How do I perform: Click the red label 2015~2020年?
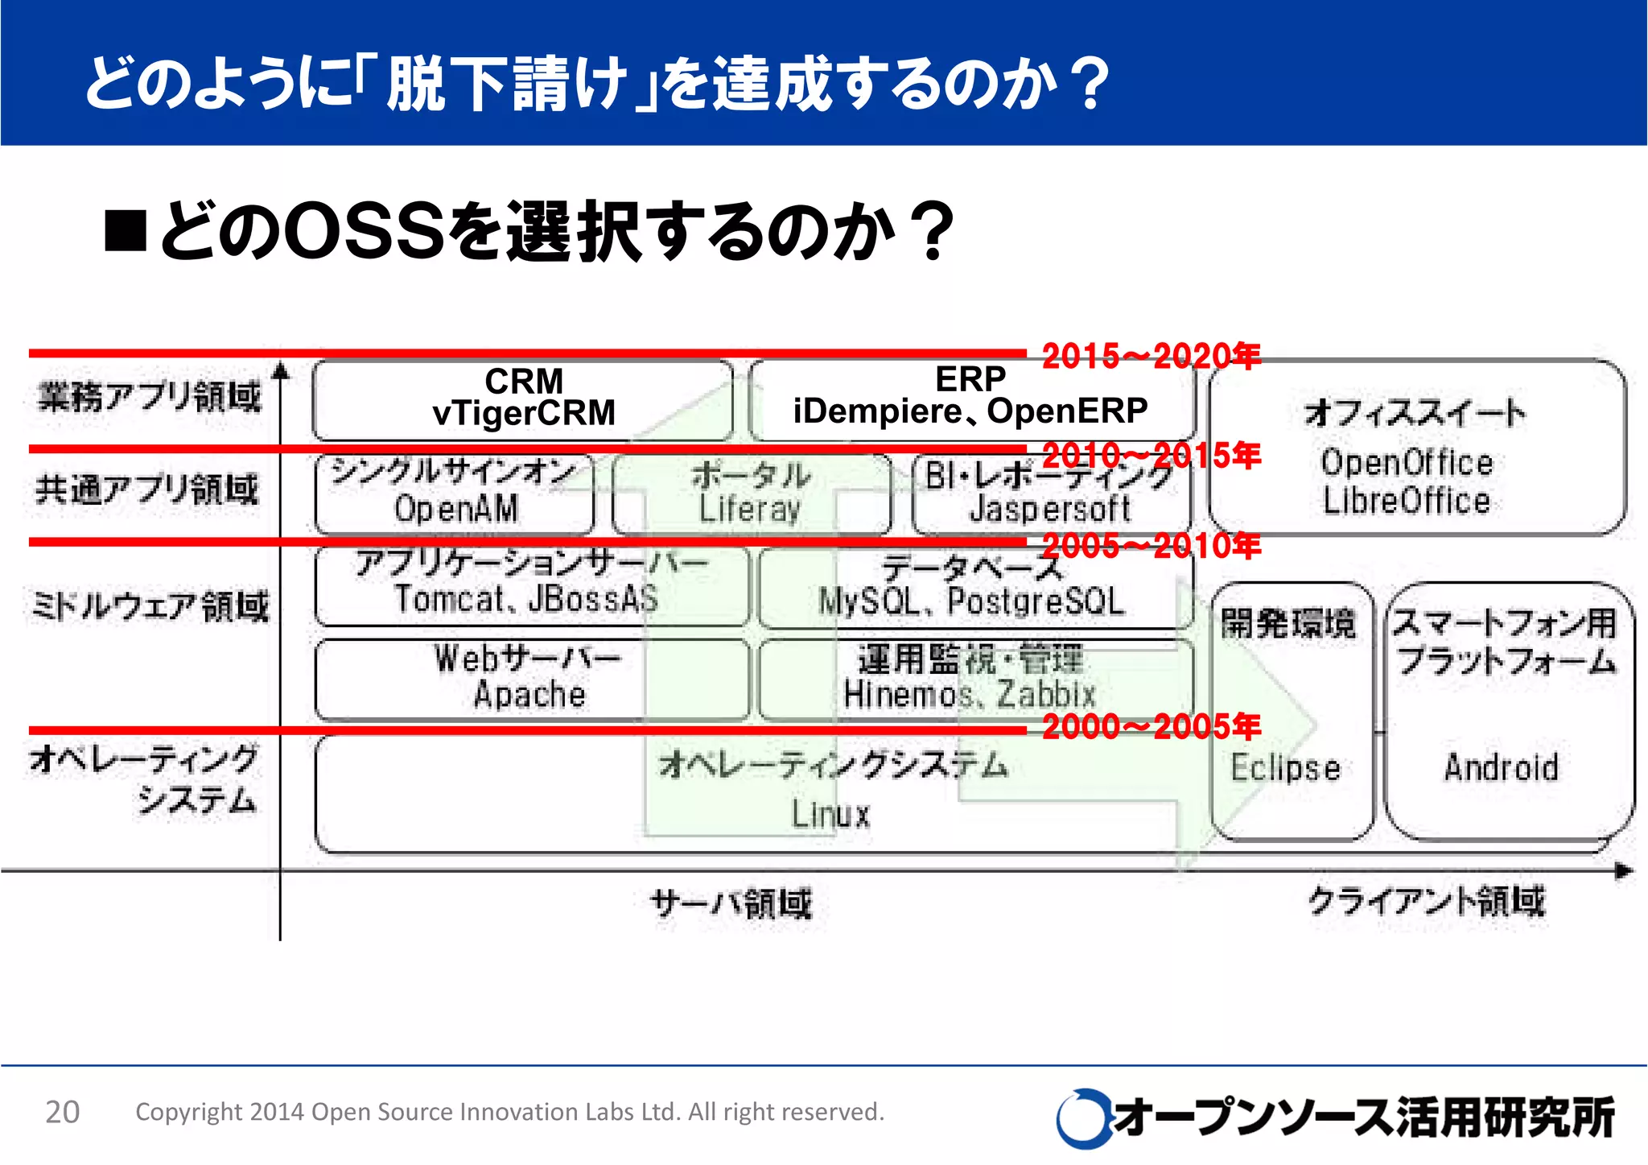pos(1151,356)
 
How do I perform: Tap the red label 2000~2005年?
pos(1151,727)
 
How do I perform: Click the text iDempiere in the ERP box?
pos(877,411)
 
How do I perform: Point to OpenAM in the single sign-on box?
pos(456,509)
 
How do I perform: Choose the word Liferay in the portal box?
pos(750,509)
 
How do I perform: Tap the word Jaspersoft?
pos(1050,509)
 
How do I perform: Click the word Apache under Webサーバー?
pos(529,694)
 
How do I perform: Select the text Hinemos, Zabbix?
pos(970,694)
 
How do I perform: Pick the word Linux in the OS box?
pos(830,814)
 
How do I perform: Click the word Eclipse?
pos(1286,767)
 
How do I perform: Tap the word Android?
pos(1502,767)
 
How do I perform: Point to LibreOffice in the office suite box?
pos(1407,501)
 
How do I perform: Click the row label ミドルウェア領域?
pos(150,606)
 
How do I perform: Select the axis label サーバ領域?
pos(731,903)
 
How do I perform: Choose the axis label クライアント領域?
pos(1426,901)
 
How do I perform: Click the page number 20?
pos(62,1112)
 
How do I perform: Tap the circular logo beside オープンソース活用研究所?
pos(1082,1118)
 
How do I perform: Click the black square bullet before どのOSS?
pos(126,231)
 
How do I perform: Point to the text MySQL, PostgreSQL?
pos(970,601)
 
